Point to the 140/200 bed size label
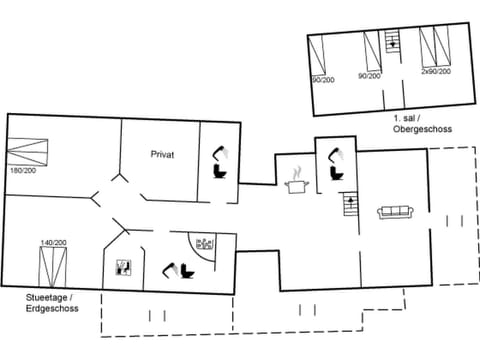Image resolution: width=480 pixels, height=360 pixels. (53, 243)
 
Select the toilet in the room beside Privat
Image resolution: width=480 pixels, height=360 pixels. (219, 163)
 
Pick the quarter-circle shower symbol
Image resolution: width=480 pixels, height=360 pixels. (204, 245)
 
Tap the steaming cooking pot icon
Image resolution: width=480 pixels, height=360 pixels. (296, 184)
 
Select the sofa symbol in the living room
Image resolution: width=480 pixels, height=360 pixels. (395, 212)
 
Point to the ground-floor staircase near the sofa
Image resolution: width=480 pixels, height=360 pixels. (350, 208)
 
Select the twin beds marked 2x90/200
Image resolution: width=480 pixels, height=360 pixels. (435, 48)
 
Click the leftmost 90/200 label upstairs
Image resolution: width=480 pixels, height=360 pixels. (322, 79)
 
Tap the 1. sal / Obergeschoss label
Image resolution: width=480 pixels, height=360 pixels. (420, 124)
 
